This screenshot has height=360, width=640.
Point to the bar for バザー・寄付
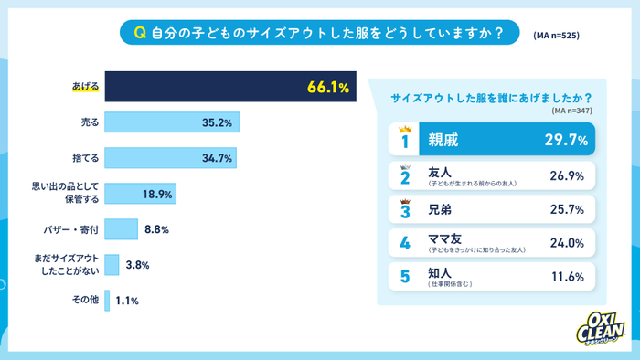pyautogui.click(x=121, y=229)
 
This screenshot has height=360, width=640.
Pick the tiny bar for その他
pyautogui.click(x=107, y=300)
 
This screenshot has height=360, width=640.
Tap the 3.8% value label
pyautogui.click(x=138, y=265)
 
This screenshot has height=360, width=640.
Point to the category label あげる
pyautogui.click(x=85, y=88)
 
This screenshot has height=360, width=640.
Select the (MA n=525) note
pyautogui.click(x=556, y=36)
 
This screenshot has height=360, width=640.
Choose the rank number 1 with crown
pyautogui.click(x=403, y=141)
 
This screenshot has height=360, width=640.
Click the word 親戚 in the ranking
pyautogui.click(x=444, y=141)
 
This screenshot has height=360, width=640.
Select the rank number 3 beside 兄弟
pyautogui.click(x=404, y=210)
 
